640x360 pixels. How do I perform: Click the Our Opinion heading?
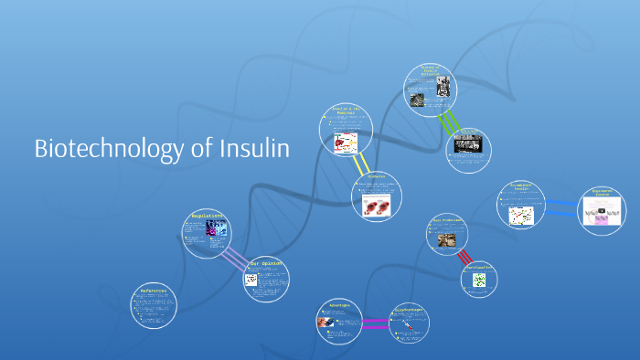[267, 263]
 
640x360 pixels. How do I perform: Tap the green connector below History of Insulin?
[448, 122]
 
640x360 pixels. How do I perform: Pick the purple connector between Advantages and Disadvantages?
[375, 322]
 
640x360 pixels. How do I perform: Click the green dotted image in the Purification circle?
[480, 281]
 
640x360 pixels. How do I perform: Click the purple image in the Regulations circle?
[212, 228]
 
